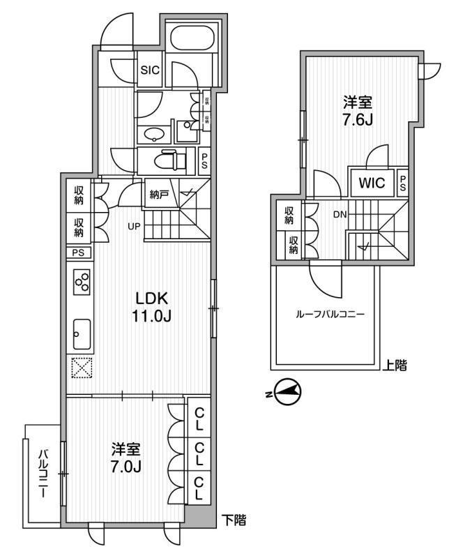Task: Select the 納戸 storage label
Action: point(160,195)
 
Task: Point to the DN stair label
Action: point(340,215)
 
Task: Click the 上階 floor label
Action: point(395,363)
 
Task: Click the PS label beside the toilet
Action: point(204,162)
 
